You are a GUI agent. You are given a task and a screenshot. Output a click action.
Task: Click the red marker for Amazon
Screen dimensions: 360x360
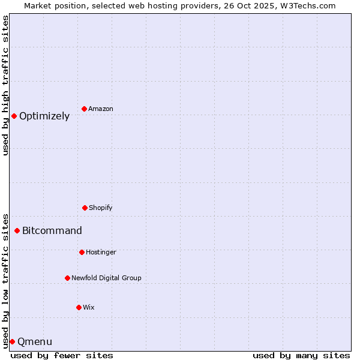pyautogui.click(x=84, y=109)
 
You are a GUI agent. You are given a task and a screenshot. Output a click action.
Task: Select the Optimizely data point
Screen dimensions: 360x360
pyautogui.click(x=14, y=116)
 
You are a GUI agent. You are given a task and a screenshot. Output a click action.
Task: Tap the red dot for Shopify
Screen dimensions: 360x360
pyautogui.click(x=85, y=208)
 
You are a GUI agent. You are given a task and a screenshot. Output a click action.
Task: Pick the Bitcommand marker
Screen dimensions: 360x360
pyautogui.click(x=17, y=230)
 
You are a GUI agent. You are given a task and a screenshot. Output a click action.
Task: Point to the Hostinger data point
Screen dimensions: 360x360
pyautogui.click(x=82, y=252)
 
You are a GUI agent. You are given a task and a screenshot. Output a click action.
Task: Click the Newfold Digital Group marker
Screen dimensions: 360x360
pyautogui.click(x=67, y=278)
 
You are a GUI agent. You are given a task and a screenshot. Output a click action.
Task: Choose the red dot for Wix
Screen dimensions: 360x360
pyautogui.click(x=79, y=307)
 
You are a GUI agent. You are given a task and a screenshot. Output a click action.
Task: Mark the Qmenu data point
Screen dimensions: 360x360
pyautogui.click(x=12, y=341)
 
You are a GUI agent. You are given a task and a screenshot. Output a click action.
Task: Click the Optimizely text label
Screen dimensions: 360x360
pyautogui.click(x=44, y=116)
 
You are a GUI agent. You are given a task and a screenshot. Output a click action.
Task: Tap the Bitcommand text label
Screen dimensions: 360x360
pyautogui.click(x=52, y=231)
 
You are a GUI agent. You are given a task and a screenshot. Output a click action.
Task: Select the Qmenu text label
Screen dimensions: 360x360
pyautogui.click(x=35, y=342)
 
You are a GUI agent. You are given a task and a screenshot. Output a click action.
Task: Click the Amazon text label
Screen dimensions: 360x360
pyautogui.click(x=101, y=109)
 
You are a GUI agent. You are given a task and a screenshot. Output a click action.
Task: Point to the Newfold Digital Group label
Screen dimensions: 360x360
pyautogui.click(x=106, y=278)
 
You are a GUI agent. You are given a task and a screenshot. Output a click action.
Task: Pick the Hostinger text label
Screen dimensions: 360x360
pyautogui.click(x=101, y=253)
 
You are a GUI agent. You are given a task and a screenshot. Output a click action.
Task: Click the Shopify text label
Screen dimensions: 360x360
pyautogui.click(x=101, y=208)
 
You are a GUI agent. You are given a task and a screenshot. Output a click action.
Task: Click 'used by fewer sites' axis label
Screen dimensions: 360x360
pyautogui.click(x=62, y=355)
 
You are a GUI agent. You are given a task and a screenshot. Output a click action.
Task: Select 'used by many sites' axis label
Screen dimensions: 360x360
pyautogui.click(x=301, y=355)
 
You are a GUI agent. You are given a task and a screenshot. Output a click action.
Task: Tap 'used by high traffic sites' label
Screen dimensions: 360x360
pyautogui.click(x=6, y=85)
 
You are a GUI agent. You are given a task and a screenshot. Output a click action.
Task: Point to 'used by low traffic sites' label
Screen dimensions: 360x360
pyautogui.click(x=6, y=280)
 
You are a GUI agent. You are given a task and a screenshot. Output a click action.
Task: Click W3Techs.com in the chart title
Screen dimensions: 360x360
pyautogui.click(x=305, y=5)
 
